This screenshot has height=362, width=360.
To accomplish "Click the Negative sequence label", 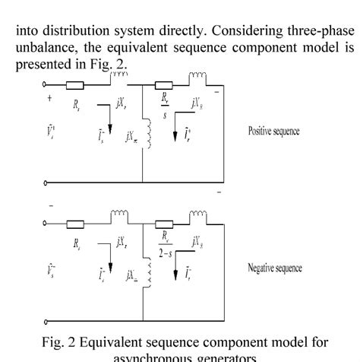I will (281, 268).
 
